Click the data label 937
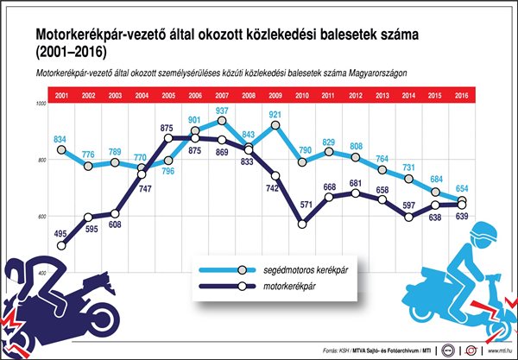pos(223,111)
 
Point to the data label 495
pos(60,234)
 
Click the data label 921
pos(275,114)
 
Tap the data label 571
pos(302,205)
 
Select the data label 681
pos(356,184)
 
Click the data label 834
pos(60,139)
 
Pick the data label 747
pos(142,188)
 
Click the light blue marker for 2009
pos(275,126)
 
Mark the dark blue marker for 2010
pos(302,224)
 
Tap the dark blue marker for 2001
pos(60,246)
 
